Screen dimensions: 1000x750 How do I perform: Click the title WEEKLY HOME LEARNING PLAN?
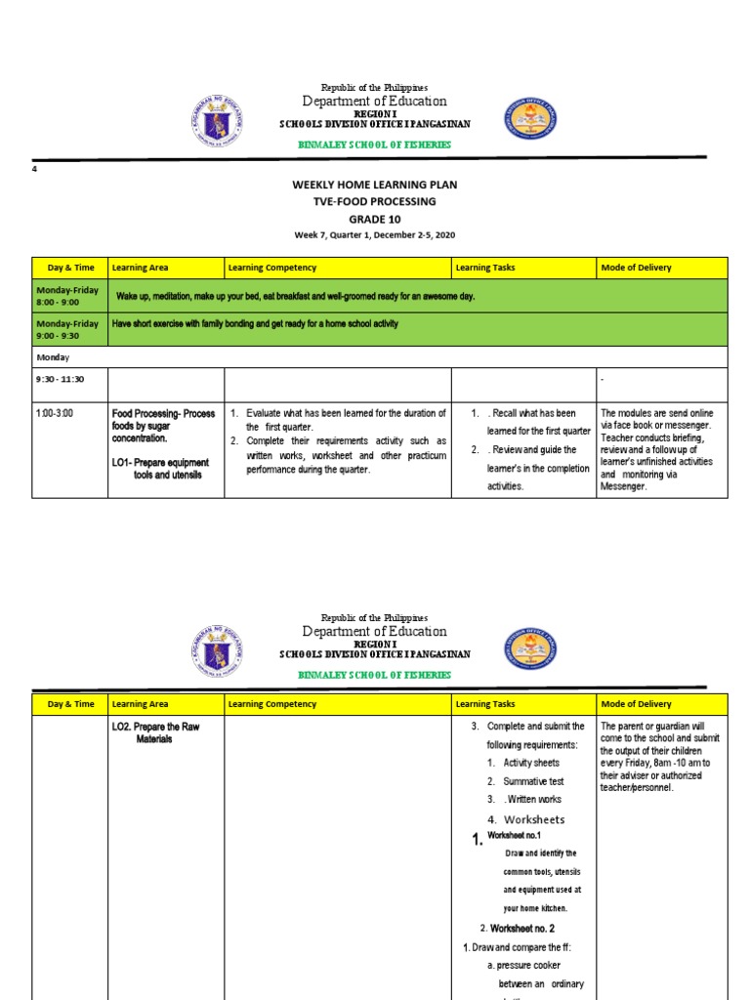coord(375,185)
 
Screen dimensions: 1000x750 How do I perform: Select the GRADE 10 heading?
coord(375,219)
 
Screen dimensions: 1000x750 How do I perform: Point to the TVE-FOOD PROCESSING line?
coord(375,201)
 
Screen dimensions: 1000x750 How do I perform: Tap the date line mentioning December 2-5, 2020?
coord(375,235)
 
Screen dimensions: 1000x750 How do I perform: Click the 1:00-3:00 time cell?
coord(55,414)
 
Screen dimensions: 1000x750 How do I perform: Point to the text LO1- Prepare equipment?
coord(161,462)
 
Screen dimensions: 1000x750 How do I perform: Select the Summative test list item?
coord(533,781)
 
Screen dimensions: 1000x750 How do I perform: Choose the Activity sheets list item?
coord(531,763)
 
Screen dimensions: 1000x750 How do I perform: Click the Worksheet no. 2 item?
coord(524,928)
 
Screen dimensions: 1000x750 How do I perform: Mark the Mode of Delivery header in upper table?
coord(636,267)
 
